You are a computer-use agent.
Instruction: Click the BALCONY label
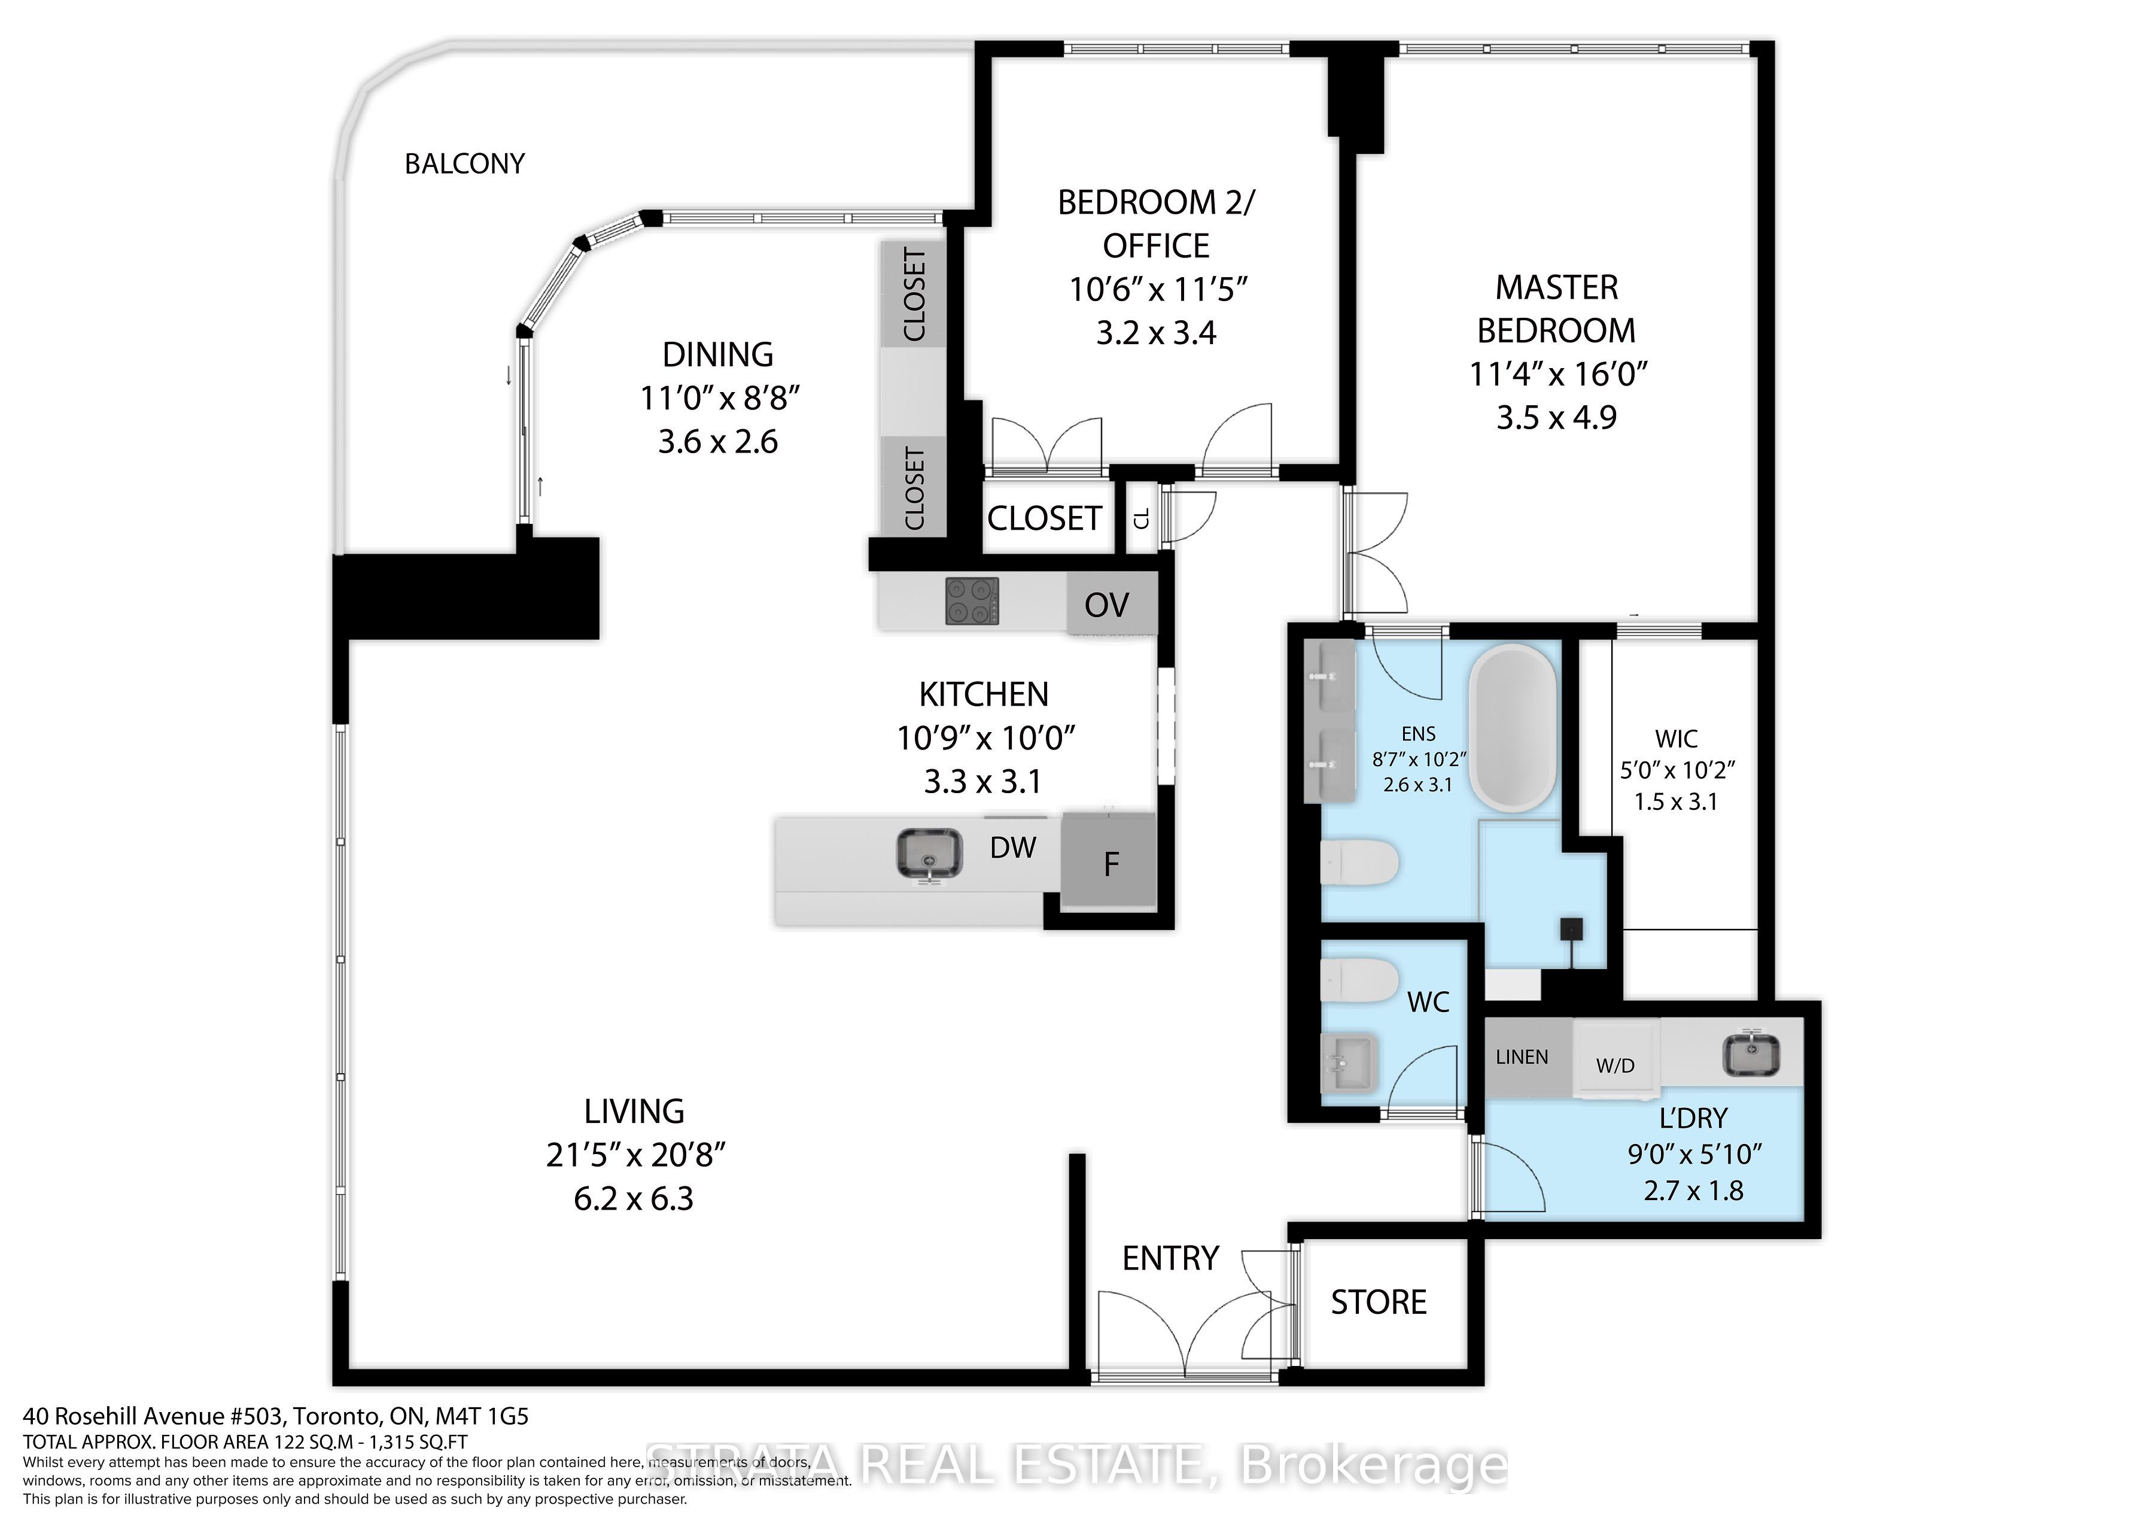click(464, 164)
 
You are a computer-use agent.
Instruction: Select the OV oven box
click(1107, 605)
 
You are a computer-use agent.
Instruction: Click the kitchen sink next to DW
click(929, 855)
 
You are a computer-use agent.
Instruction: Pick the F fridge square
click(1110, 863)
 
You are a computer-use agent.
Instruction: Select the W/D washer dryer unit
click(1616, 1064)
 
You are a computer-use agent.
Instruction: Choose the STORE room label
click(1378, 1303)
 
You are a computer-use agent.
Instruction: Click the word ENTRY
click(1170, 1258)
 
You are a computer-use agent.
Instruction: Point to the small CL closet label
click(1142, 518)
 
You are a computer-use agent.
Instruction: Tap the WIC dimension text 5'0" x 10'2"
click(1677, 770)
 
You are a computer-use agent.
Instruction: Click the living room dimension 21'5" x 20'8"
click(635, 1155)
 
